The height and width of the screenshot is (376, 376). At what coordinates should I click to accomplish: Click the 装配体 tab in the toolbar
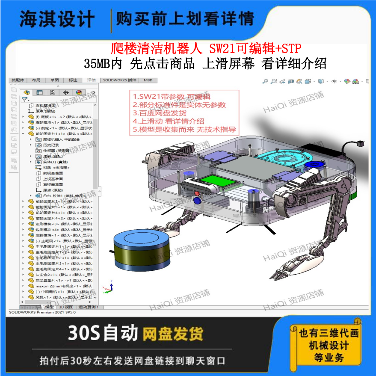[x=18, y=80]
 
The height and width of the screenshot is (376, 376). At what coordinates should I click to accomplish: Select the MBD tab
[x=148, y=80]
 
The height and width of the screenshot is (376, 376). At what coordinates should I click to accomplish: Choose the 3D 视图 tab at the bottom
[x=66, y=307]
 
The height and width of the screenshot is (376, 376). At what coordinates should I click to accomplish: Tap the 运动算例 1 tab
[x=89, y=307]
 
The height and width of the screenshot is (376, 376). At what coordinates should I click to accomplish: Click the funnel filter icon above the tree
[x=24, y=99]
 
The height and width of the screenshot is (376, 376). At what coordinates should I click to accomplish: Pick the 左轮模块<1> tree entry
[x=47, y=235]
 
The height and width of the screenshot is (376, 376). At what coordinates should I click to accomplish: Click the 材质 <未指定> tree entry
[x=56, y=168]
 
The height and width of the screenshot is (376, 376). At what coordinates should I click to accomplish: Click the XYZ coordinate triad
[x=107, y=288]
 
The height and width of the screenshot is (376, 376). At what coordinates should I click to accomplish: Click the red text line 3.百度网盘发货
[x=160, y=113]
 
